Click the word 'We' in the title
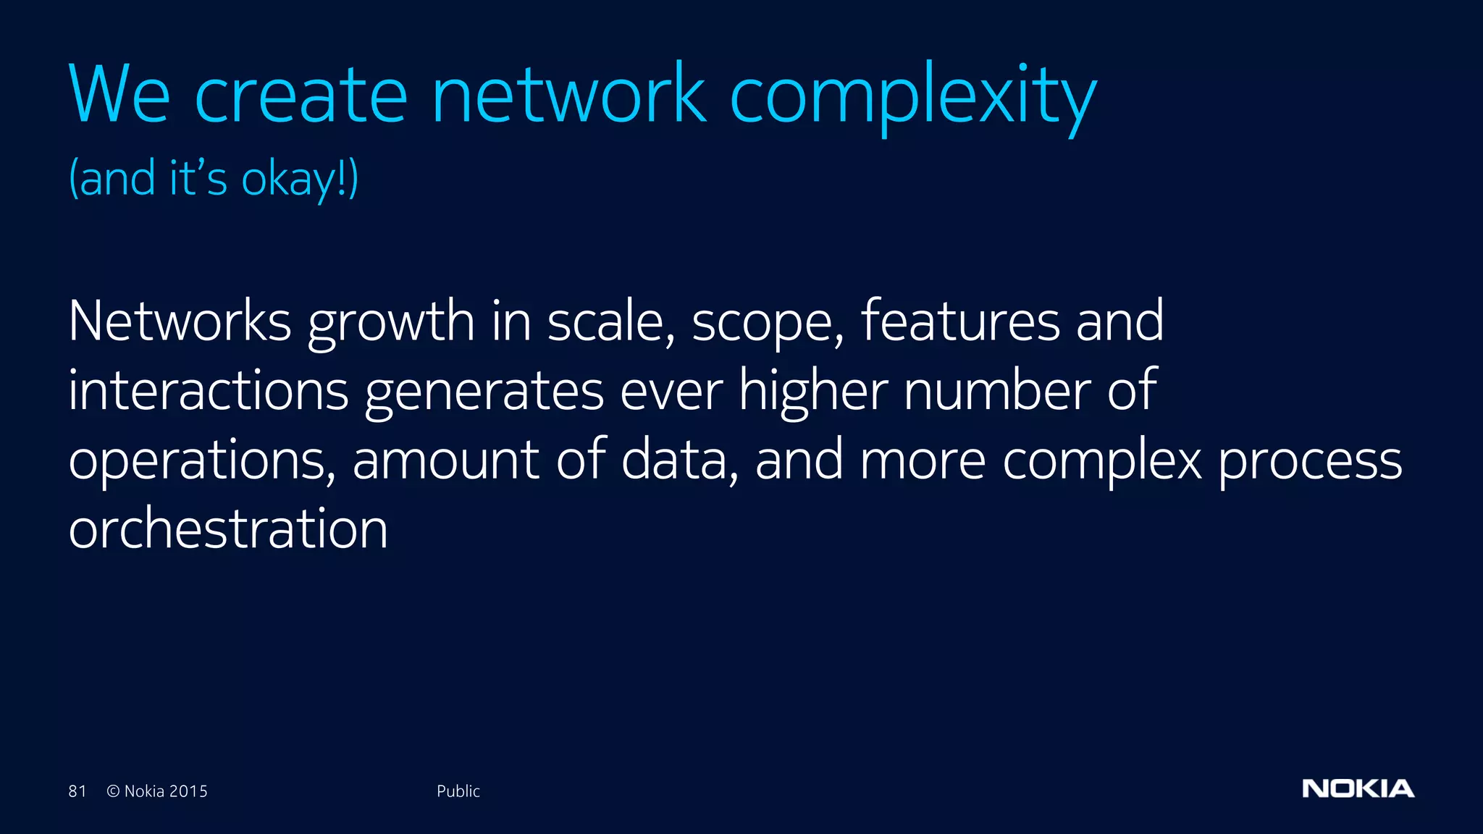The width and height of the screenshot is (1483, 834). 119,94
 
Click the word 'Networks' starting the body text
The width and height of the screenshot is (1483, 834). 180,321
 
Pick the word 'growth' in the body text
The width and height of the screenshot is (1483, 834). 391,324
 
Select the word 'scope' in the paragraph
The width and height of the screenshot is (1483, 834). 765,324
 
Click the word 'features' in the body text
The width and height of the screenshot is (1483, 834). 960,321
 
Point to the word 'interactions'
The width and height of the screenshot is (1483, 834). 209,390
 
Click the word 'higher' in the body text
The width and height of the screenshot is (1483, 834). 813,392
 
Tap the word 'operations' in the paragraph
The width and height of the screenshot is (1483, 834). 201,461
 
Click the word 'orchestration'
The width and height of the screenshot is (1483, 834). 228,529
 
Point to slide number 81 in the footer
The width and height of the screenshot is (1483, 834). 77,791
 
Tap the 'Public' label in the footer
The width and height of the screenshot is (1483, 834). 458,791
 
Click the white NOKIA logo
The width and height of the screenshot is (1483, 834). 1358,789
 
